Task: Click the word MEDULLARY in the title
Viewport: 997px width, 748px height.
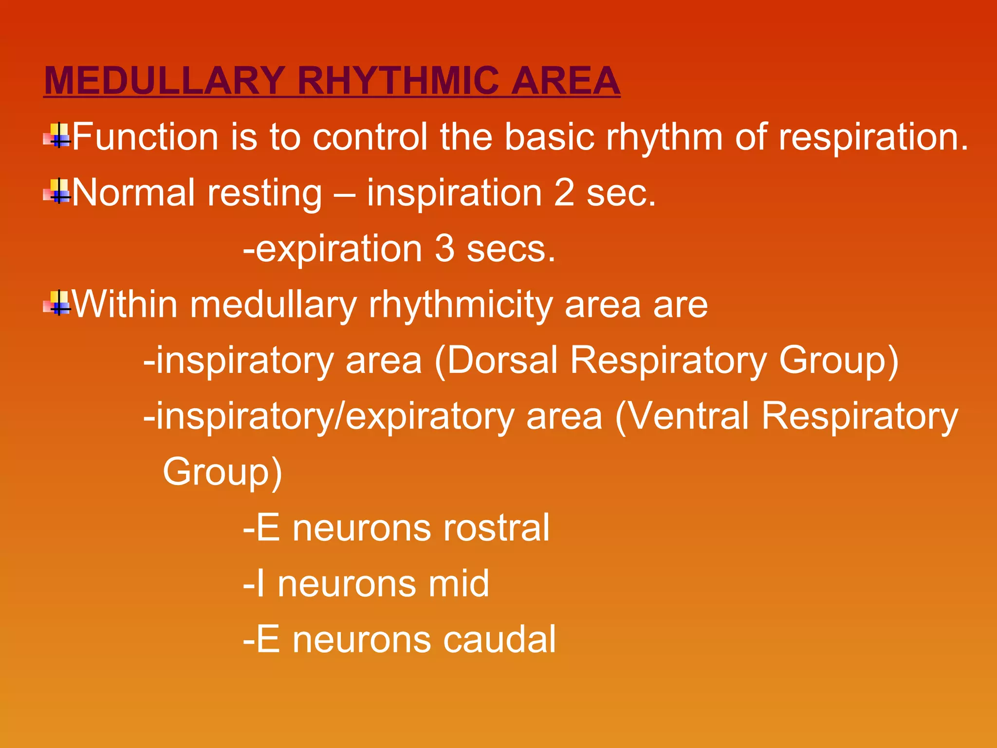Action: click(x=165, y=81)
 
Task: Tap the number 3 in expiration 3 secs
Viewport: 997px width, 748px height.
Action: click(x=444, y=249)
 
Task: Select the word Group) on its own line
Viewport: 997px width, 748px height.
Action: click(x=222, y=471)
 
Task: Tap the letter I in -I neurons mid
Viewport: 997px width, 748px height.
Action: click(x=260, y=583)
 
